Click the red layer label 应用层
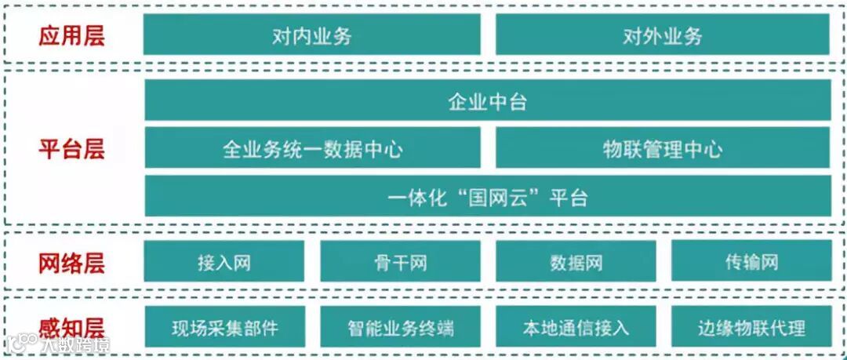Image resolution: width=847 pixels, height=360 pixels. point(71,35)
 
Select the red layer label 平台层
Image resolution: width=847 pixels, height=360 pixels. point(71,149)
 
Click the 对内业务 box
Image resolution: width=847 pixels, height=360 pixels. point(311,35)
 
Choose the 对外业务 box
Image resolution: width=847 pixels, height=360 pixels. point(663,35)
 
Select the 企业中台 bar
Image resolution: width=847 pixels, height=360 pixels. point(487,101)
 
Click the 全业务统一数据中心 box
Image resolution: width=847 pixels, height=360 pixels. point(312,149)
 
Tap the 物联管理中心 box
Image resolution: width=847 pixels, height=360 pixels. point(663,149)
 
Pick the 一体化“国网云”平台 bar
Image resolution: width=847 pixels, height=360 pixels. point(487,197)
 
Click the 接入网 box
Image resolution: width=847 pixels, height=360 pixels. point(224,262)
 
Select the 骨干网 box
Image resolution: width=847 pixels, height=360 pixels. point(400,262)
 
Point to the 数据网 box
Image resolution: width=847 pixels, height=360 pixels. point(576,262)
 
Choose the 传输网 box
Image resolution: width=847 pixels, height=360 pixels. point(751,262)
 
